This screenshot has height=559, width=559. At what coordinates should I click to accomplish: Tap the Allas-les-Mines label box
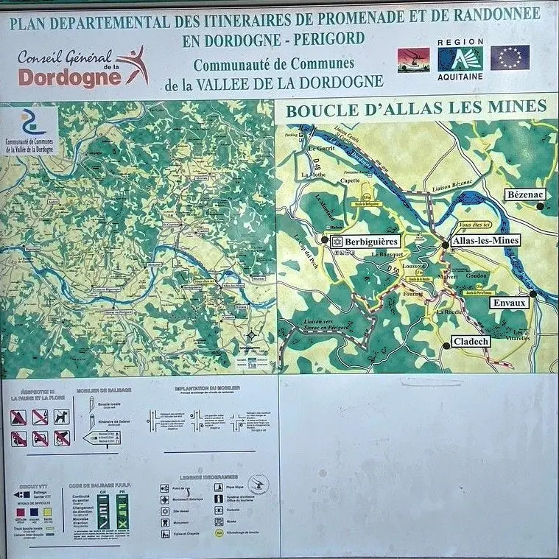pyautogui.click(x=485, y=240)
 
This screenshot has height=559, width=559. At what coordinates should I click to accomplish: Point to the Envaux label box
pyautogui.click(x=510, y=303)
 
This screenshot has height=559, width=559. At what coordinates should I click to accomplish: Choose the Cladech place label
pyautogui.click(x=471, y=342)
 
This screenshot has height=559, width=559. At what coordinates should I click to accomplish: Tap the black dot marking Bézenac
pyautogui.click(x=540, y=206)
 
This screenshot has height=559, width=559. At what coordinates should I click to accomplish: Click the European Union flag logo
pyautogui.click(x=510, y=57)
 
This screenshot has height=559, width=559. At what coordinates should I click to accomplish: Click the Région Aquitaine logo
pyautogui.click(x=460, y=57)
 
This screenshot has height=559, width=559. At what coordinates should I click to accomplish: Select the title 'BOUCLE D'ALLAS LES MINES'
pyautogui.click(x=416, y=109)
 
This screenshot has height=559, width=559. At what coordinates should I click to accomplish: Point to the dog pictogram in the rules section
pyautogui.click(x=61, y=417)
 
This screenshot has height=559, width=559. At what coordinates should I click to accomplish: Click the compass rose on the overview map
pyautogui.click(x=251, y=335)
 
